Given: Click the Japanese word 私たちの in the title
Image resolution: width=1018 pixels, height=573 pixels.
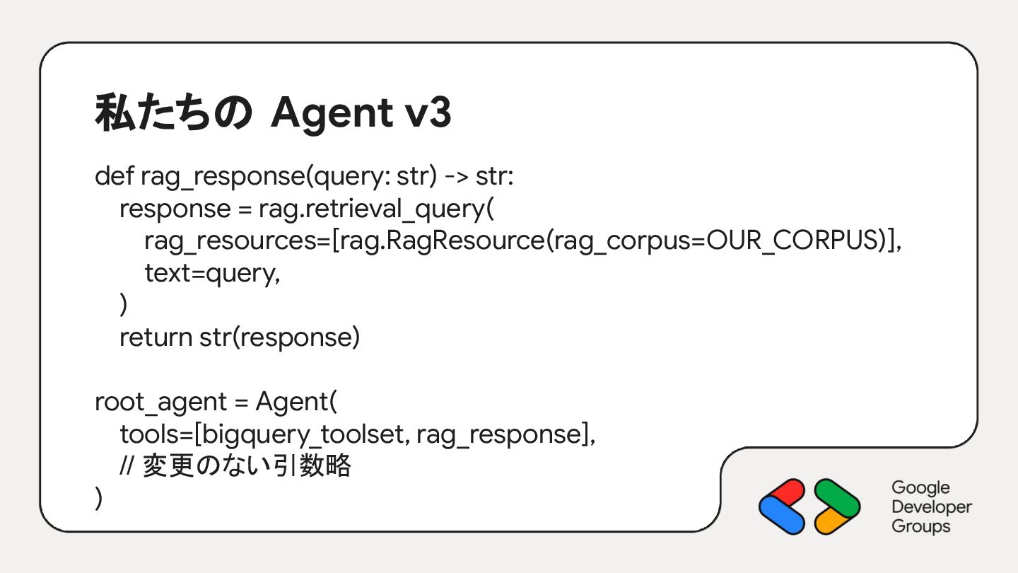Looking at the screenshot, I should pyautogui.click(x=172, y=114).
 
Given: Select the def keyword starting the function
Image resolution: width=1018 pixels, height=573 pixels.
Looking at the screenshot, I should pyautogui.click(x=114, y=176).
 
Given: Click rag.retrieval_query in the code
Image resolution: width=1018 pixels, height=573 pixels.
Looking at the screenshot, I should pyautogui.click(x=373, y=209).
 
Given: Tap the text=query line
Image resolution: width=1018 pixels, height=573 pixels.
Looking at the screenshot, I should pyautogui.click(x=212, y=273).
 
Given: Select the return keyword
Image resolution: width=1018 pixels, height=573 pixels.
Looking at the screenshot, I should pyautogui.click(x=155, y=337).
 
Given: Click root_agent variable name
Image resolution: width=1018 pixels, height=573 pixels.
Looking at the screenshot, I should pyautogui.click(x=160, y=403).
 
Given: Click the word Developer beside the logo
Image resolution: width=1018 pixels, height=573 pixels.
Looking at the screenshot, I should pyautogui.click(x=932, y=507).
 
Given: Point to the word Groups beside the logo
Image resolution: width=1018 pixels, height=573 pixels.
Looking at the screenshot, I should pyautogui.click(x=920, y=526).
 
